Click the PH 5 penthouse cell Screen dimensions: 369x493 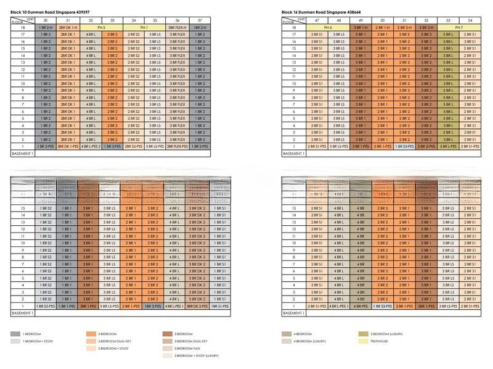coord(100,28)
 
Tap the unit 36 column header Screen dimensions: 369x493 coord(177,20)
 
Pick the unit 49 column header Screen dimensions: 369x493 coord(361,20)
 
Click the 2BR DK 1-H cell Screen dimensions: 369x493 coord(68,28)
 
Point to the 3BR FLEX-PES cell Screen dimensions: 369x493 coord(177,146)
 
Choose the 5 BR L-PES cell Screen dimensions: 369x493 coord(448,146)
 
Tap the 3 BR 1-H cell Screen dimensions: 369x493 coord(361,28)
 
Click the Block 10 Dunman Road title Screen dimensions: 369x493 coord(43,12)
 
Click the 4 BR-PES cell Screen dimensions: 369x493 coord(361,306)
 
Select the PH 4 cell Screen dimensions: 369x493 coord(328,28)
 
